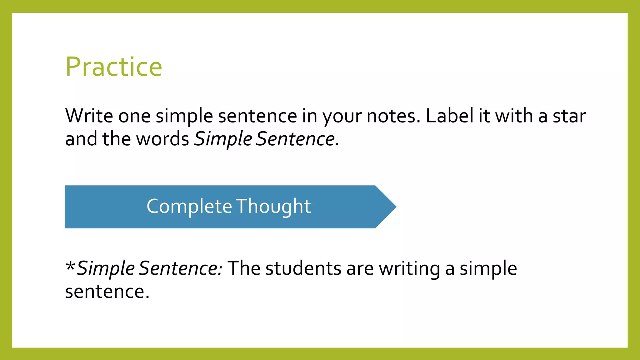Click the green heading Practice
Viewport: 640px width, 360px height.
point(114,67)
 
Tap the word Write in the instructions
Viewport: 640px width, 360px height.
point(89,116)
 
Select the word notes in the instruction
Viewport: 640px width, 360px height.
point(393,116)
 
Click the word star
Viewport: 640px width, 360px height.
point(569,116)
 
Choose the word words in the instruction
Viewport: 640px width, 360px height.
point(163,139)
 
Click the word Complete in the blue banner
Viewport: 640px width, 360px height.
point(189,207)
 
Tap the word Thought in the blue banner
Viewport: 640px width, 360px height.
point(273,207)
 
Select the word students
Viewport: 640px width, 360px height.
point(303,268)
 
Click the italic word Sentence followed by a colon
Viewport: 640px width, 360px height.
point(180,268)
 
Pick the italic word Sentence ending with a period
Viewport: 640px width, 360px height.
point(297,139)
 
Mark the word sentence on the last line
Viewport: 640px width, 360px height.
point(107,292)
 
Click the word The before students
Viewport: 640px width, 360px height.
point(244,268)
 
